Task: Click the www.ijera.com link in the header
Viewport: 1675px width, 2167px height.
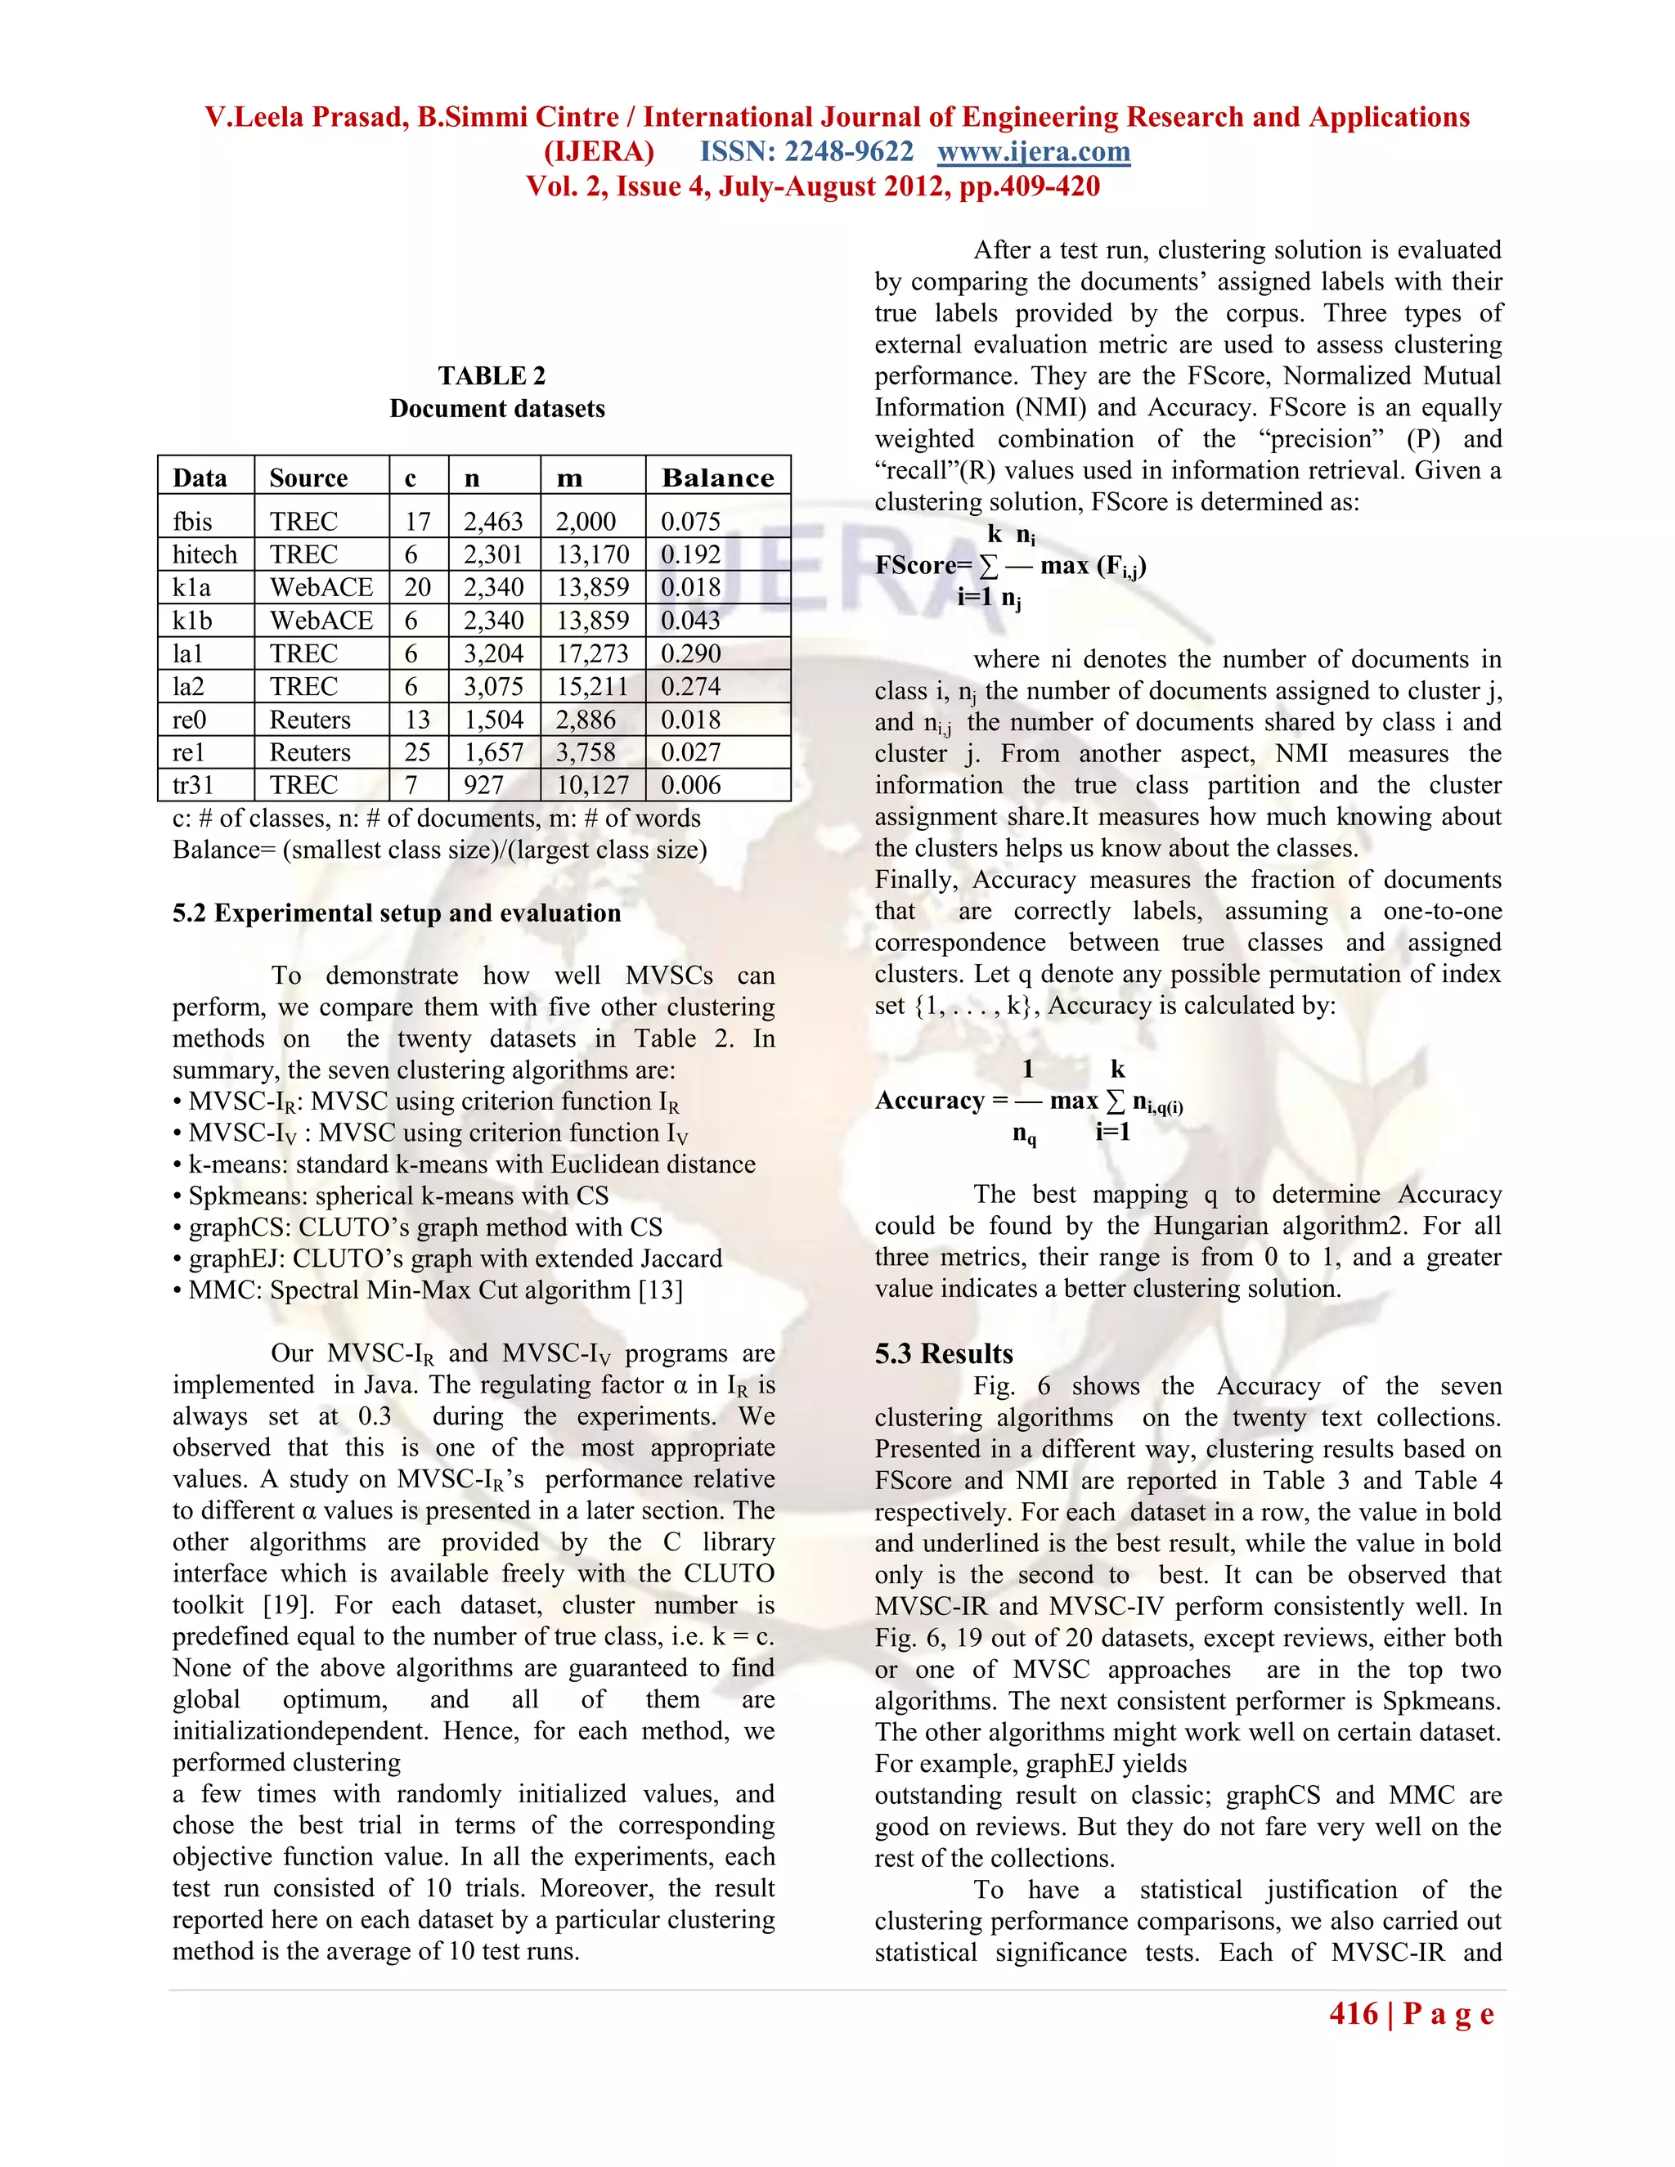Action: [x=1033, y=152]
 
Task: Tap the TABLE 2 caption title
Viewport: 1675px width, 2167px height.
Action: [x=492, y=376]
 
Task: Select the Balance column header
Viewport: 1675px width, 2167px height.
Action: [x=717, y=478]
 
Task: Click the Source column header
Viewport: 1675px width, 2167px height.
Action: [x=308, y=478]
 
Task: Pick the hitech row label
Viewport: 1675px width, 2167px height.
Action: [x=204, y=554]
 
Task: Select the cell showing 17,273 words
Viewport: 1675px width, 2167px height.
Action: [x=592, y=654]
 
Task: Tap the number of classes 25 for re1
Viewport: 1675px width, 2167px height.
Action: [x=417, y=752]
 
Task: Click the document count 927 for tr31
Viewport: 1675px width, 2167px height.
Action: [x=483, y=785]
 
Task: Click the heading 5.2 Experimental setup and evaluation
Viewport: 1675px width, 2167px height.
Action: [x=396, y=913]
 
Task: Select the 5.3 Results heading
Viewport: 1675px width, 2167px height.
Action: [x=944, y=1353]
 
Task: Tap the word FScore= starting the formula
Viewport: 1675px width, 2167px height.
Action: [x=923, y=566]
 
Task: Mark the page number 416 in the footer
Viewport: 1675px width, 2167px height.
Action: [x=1354, y=2013]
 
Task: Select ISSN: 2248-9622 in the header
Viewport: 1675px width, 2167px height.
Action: [x=806, y=152]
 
